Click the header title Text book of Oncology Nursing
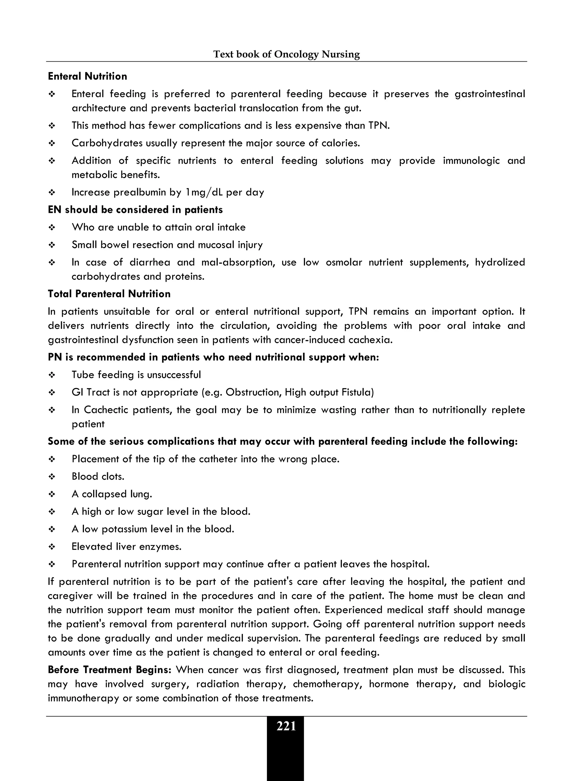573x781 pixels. pyautogui.click(x=286, y=54)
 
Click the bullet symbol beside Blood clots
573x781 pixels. pyautogui.click(x=52, y=477)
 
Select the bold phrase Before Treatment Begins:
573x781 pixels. pyautogui.click(x=110, y=670)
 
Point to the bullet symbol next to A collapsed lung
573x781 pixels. pyautogui.click(x=52, y=494)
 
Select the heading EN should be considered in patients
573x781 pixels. pyautogui.click(x=135, y=210)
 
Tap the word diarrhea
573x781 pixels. pyautogui.click(x=150, y=262)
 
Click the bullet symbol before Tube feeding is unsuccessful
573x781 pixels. pyautogui.click(x=52, y=375)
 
